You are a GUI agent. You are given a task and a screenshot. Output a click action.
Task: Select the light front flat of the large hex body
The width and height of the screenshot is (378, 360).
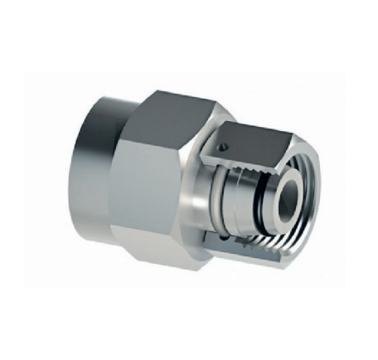click(x=157, y=191)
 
